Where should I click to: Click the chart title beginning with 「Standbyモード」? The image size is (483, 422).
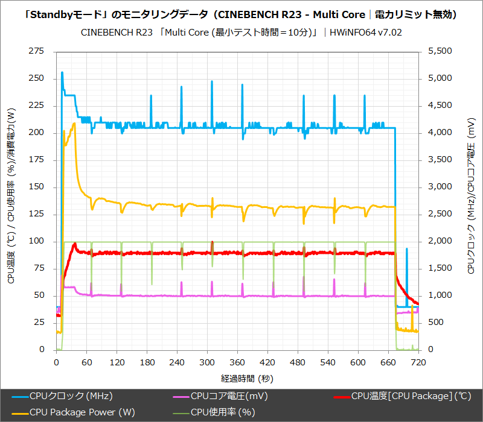click(x=241, y=14)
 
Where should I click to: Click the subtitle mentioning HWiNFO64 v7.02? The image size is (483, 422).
click(x=241, y=32)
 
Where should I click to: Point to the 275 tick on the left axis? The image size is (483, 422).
click(x=37, y=51)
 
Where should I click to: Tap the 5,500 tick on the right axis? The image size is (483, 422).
click(x=439, y=51)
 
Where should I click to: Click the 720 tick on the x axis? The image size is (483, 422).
click(x=418, y=362)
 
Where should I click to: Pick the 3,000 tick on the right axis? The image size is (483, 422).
click(x=439, y=187)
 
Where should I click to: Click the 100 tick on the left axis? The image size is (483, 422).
click(x=37, y=241)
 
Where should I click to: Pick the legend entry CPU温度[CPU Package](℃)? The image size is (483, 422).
click(x=411, y=396)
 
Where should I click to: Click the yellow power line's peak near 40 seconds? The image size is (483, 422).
click(x=74, y=124)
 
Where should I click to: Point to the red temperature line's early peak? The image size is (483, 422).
click(x=74, y=244)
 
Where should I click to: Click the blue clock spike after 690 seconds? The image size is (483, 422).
click(x=406, y=248)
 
